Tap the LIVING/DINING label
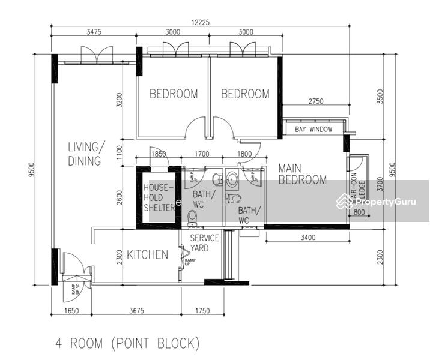point(84,154)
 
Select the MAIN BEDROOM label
point(303,174)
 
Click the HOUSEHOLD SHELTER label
point(159,197)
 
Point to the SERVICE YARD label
point(205,242)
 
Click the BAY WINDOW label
point(313,129)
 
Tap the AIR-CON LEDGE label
point(354,190)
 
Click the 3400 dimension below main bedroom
point(307,238)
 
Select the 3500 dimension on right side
point(379,97)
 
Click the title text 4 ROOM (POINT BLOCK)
point(127,344)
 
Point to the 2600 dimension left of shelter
point(120,197)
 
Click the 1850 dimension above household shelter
point(159,154)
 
